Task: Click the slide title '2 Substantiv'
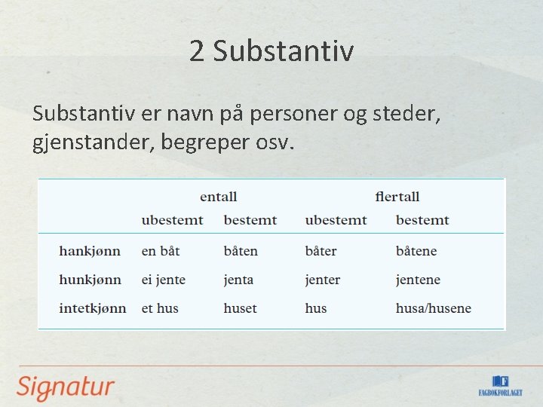tap(271, 51)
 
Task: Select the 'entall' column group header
tap(218, 197)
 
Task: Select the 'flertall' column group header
tap(397, 197)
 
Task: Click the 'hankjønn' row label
tap(89, 251)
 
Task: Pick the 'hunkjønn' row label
tap(90, 280)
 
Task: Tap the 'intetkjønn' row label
tap(92, 308)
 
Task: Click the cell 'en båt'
tap(161, 251)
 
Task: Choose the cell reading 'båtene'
tap(416, 251)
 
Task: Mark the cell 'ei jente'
tap(163, 280)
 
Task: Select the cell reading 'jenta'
tap(238, 280)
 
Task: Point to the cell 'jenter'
tap(322, 280)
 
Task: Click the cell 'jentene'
tap(418, 280)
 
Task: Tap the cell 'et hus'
tap(160, 308)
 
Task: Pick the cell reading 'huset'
tap(240, 308)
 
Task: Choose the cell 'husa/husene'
tap(433, 308)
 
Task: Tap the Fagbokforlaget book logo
tap(499, 385)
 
